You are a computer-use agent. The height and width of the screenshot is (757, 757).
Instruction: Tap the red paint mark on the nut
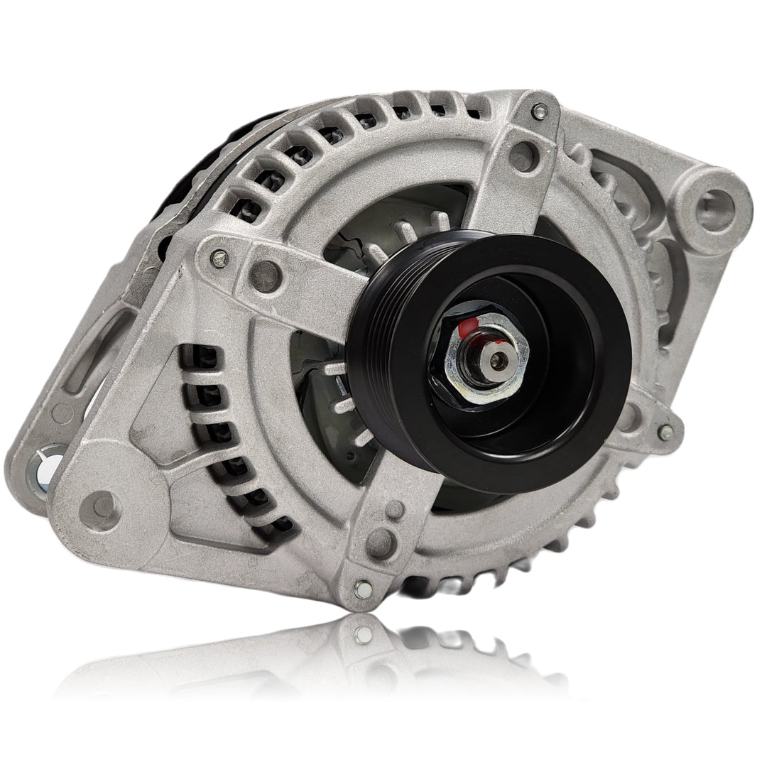[465, 329]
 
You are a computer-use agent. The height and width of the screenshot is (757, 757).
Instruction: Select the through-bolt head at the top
[539, 110]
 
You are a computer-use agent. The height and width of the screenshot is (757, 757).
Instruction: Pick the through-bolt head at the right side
[665, 431]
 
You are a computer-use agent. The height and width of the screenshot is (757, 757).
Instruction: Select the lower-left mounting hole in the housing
[104, 506]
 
